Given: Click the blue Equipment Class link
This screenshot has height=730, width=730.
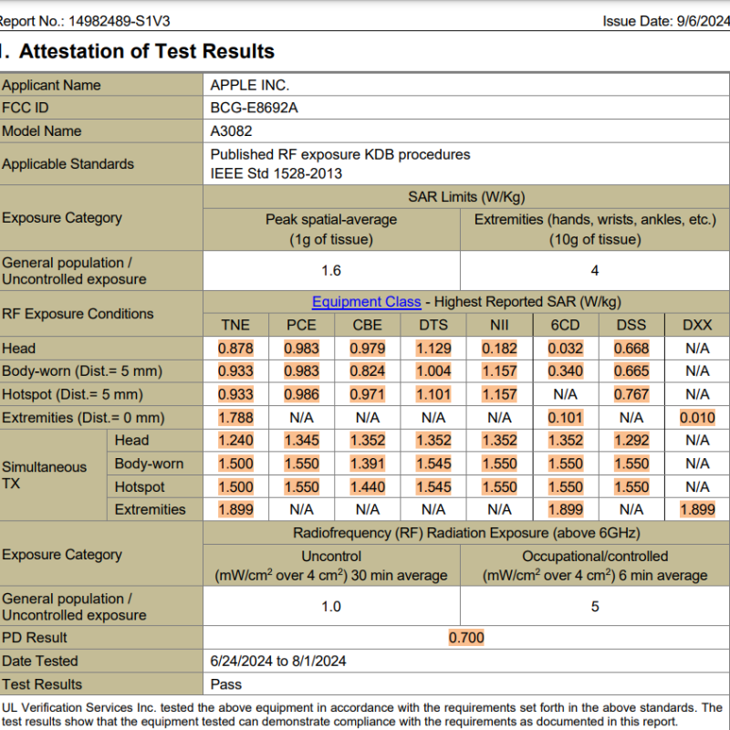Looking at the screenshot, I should [x=366, y=302].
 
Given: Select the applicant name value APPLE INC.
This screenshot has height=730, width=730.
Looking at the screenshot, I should [x=249, y=85].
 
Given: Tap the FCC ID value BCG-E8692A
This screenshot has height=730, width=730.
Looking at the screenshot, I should [x=254, y=108].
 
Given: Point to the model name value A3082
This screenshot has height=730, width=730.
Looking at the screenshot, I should [x=231, y=130].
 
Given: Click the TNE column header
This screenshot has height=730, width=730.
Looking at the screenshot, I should [x=235, y=325].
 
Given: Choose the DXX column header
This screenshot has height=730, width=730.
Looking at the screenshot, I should [x=697, y=325].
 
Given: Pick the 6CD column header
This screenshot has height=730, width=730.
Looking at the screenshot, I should [x=565, y=325].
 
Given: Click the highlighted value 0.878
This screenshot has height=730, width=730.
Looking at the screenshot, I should [x=235, y=348].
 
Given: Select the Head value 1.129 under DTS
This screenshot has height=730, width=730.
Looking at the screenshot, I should [x=433, y=348].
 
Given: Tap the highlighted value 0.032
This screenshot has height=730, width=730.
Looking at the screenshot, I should [x=565, y=348].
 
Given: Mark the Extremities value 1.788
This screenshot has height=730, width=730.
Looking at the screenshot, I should [x=235, y=418].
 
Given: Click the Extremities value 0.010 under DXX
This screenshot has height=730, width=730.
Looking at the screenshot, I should [x=697, y=418].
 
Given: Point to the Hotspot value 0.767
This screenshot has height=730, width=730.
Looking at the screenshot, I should [x=631, y=394].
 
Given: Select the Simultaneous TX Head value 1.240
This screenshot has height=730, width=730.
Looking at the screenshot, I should [x=235, y=441].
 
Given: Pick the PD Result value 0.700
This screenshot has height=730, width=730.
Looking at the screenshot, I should [x=466, y=638].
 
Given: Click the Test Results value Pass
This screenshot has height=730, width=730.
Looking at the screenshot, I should [x=225, y=684].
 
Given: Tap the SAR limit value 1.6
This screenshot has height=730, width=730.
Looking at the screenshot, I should [x=331, y=271].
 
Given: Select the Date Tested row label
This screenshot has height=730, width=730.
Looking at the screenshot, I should [x=40, y=661].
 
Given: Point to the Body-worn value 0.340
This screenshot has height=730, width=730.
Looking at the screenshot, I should [x=565, y=371].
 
